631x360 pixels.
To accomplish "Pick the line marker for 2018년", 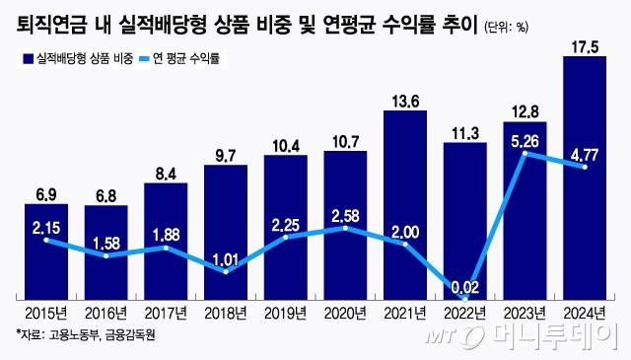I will (x=226, y=270).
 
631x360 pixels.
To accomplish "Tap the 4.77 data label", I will (x=585, y=153).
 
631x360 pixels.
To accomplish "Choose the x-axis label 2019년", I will (x=286, y=315).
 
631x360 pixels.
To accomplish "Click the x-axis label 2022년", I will (x=465, y=315).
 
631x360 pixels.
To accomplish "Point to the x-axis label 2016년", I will (x=106, y=315).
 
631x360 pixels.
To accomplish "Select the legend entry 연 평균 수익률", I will (x=187, y=60).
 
